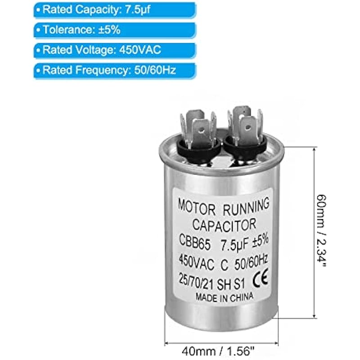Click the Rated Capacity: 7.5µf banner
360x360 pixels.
pyautogui.click(x=97, y=9)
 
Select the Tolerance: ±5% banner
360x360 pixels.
pyautogui.click(x=97, y=30)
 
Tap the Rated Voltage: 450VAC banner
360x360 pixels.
pyautogui.click(x=97, y=50)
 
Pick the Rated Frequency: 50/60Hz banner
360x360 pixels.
pyautogui.click(x=97, y=71)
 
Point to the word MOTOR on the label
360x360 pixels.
pyautogui.click(x=197, y=207)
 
